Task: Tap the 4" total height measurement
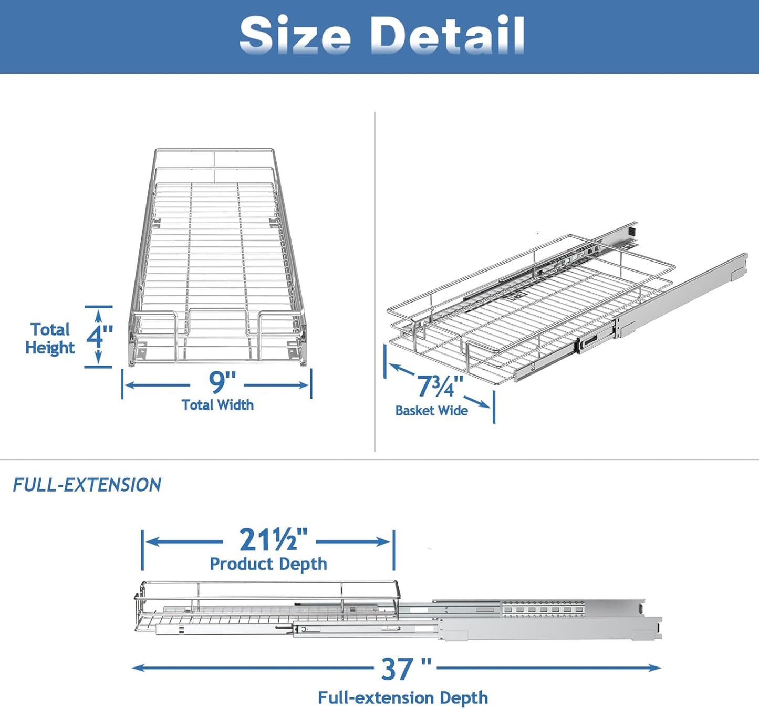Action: (x=100, y=336)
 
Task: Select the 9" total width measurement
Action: (x=222, y=382)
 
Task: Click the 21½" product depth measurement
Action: (x=273, y=540)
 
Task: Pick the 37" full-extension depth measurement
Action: (x=406, y=669)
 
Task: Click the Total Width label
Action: (x=217, y=405)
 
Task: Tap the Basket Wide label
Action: (x=431, y=411)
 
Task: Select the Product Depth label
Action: (x=268, y=564)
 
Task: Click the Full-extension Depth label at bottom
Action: (x=403, y=698)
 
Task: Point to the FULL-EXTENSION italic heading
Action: (x=87, y=485)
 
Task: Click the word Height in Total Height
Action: (x=50, y=348)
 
